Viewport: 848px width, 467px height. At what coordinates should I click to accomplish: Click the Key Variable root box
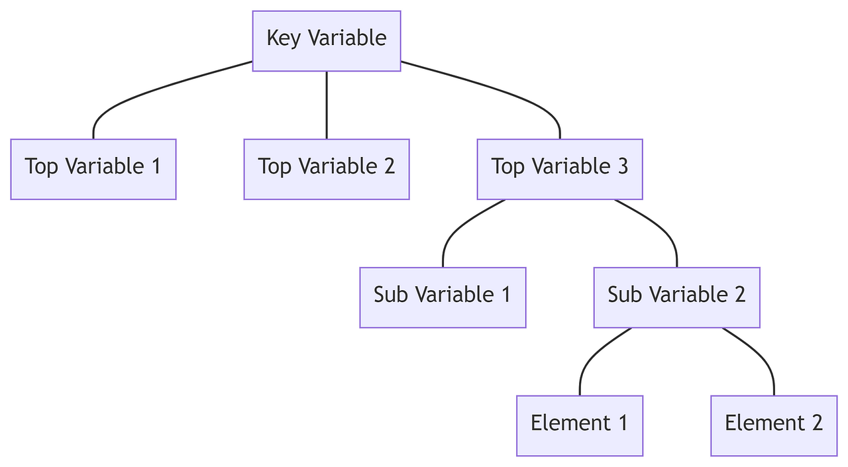326,40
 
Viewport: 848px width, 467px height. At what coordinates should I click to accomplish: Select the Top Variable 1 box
93,169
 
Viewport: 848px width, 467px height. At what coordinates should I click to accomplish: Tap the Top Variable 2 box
326,169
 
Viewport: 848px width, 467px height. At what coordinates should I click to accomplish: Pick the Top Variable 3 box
560,169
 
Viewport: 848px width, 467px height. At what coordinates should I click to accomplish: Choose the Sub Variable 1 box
443,297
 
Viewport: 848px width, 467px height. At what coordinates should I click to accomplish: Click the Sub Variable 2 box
676,297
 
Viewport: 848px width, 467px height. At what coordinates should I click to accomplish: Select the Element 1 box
579,425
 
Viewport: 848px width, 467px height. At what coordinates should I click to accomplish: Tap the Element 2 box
774,425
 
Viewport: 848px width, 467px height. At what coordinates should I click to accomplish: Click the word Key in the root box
280,38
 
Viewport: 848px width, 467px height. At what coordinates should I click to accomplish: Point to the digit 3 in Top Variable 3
622,166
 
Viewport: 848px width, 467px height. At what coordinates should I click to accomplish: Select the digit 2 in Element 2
817,423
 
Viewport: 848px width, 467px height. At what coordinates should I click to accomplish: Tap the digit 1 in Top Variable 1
156,166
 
